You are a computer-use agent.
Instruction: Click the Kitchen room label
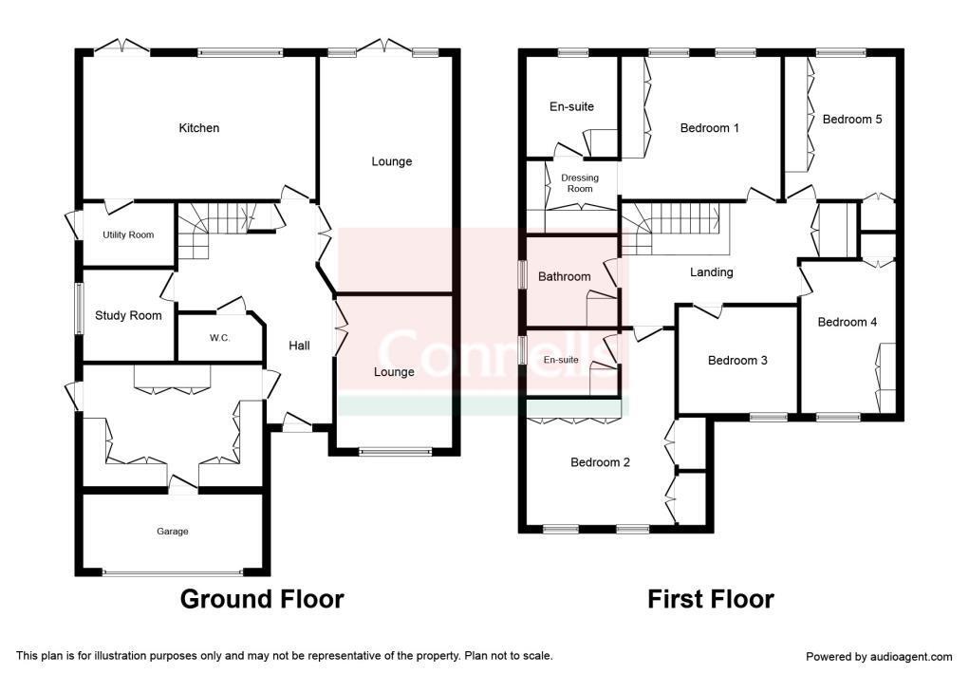pos(199,128)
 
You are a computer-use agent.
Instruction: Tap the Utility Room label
pos(128,235)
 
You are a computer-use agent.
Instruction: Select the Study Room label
pos(128,315)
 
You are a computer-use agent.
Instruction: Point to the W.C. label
pos(219,338)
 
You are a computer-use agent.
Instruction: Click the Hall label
pos(299,345)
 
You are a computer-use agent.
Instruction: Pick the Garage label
pos(173,532)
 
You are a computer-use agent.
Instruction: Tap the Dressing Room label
pos(580,183)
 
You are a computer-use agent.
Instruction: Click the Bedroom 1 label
pos(710,128)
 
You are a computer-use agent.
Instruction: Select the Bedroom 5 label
pos(852,119)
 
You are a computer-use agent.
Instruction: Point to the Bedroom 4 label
pos(848,322)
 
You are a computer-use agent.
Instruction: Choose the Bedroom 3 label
pos(737,360)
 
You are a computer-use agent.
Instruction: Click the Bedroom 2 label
pos(600,462)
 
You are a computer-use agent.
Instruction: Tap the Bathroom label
pos(564,276)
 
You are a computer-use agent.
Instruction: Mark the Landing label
pos(711,272)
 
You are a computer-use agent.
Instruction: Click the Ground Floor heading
pos(262,599)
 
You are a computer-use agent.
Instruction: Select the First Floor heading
pos(711,599)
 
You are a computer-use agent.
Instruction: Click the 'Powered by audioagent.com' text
pos(879,657)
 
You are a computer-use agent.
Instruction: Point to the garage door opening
pos(173,572)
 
